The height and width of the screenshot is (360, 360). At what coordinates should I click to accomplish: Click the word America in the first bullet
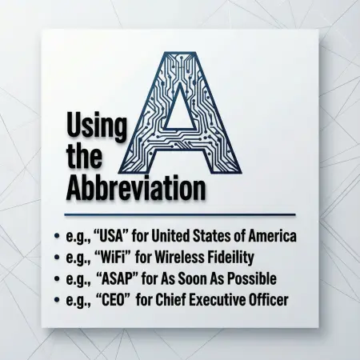pyautogui.click(x=271, y=237)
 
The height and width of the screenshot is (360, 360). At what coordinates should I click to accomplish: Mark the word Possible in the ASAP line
pyautogui.click(x=250, y=278)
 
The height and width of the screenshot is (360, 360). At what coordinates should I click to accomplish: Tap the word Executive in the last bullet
pyautogui.click(x=215, y=300)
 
